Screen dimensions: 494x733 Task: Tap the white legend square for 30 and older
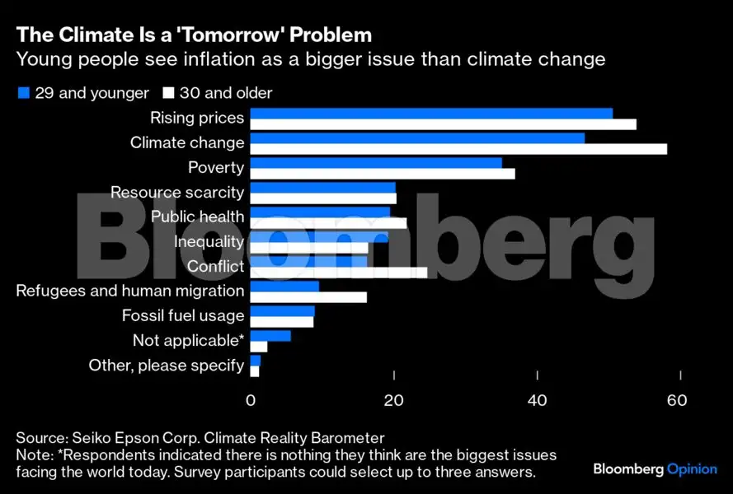(x=169, y=93)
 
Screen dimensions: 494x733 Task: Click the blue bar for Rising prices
(x=430, y=113)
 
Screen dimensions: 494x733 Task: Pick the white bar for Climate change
(x=458, y=149)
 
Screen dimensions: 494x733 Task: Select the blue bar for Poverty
(x=375, y=162)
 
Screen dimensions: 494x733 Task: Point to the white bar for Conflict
(x=338, y=273)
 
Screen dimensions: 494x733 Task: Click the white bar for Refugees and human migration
(x=308, y=297)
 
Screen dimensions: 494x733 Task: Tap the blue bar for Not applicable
(x=270, y=335)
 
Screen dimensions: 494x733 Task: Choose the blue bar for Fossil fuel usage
(x=282, y=310)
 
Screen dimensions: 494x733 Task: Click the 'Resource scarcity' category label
(x=177, y=193)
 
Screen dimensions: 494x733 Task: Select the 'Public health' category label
(x=197, y=217)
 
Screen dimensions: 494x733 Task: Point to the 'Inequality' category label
(x=209, y=242)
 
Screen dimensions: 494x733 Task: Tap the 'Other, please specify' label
(x=166, y=366)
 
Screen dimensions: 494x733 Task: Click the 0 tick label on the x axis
(x=251, y=401)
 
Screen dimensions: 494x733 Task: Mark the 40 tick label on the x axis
(x=538, y=401)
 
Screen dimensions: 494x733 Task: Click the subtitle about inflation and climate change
(x=311, y=60)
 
